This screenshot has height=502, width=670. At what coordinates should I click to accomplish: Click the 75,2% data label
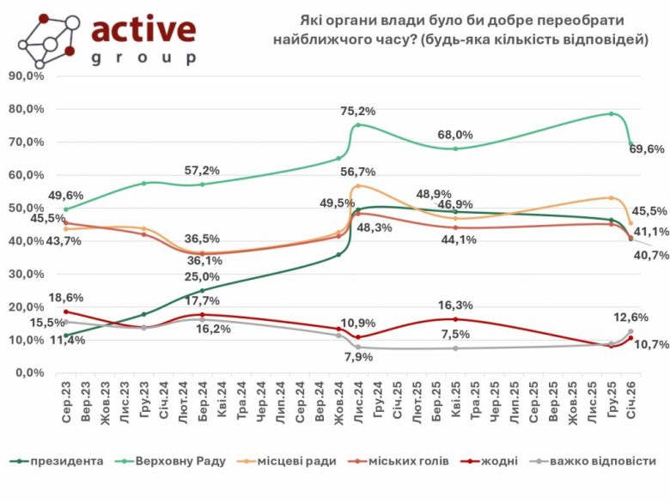(x=358, y=112)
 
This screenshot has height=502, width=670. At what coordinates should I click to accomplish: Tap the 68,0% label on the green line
(x=455, y=135)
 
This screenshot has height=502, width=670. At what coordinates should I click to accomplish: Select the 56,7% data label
(x=357, y=171)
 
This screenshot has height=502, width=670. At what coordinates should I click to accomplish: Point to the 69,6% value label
(x=647, y=149)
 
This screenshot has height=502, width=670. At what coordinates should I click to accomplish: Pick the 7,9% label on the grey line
(x=356, y=357)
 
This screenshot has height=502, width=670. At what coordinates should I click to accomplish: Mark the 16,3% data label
(x=455, y=305)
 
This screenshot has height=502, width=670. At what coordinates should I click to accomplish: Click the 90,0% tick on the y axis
(x=26, y=76)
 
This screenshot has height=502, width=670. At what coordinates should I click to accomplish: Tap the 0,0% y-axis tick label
(x=29, y=373)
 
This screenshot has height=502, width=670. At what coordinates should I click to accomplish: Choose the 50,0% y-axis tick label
(x=26, y=208)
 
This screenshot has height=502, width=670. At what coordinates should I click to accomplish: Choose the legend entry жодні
(x=499, y=462)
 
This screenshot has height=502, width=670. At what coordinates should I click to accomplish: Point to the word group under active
(x=143, y=58)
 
